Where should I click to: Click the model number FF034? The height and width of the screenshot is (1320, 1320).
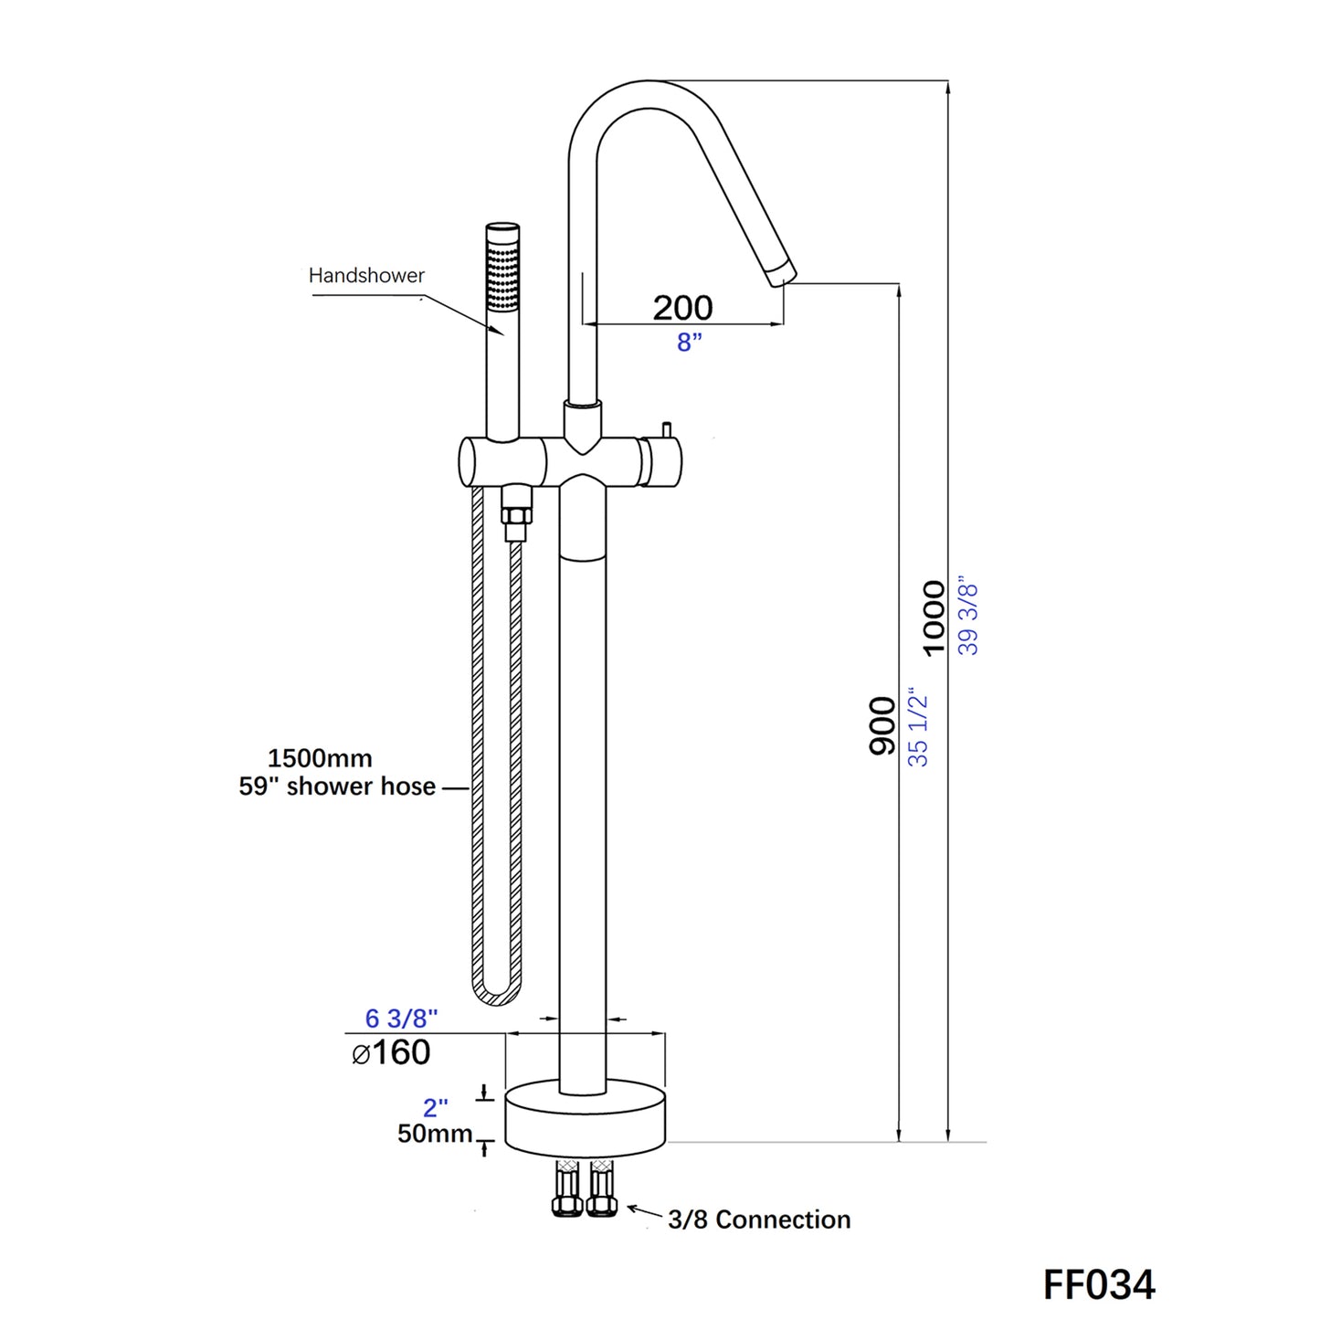click(x=1099, y=1283)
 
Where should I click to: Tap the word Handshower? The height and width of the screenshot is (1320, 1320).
click(x=366, y=275)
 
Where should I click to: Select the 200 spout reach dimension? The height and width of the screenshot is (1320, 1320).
click(x=682, y=308)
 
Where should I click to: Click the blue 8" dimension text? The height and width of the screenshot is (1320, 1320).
click(x=690, y=342)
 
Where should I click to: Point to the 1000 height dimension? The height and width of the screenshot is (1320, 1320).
click(x=934, y=618)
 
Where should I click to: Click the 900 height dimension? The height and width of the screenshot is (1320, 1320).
click(x=882, y=725)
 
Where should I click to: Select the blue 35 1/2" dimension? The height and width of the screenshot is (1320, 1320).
click(x=918, y=727)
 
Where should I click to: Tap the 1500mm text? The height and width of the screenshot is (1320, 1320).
click(x=320, y=758)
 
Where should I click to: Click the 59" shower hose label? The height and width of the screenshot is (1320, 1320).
click(x=337, y=787)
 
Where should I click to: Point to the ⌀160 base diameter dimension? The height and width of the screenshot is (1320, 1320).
click(x=391, y=1052)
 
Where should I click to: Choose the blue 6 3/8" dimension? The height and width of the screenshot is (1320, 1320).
click(x=401, y=1018)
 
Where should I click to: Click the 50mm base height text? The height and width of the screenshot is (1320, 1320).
click(x=434, y=1134)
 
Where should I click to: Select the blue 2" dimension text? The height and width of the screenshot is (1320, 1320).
click(x=435, y=1107)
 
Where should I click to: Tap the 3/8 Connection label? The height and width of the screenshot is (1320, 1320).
click(x=758, y=1220)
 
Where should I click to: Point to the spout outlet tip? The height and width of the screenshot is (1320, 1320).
click(x=783, y=274)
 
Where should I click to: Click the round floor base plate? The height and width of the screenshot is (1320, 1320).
click(x=586, y=1117)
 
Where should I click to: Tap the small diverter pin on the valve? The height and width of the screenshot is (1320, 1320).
click(x=667, y=429)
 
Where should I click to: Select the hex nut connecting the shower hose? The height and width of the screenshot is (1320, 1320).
click(x=516, y=515)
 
